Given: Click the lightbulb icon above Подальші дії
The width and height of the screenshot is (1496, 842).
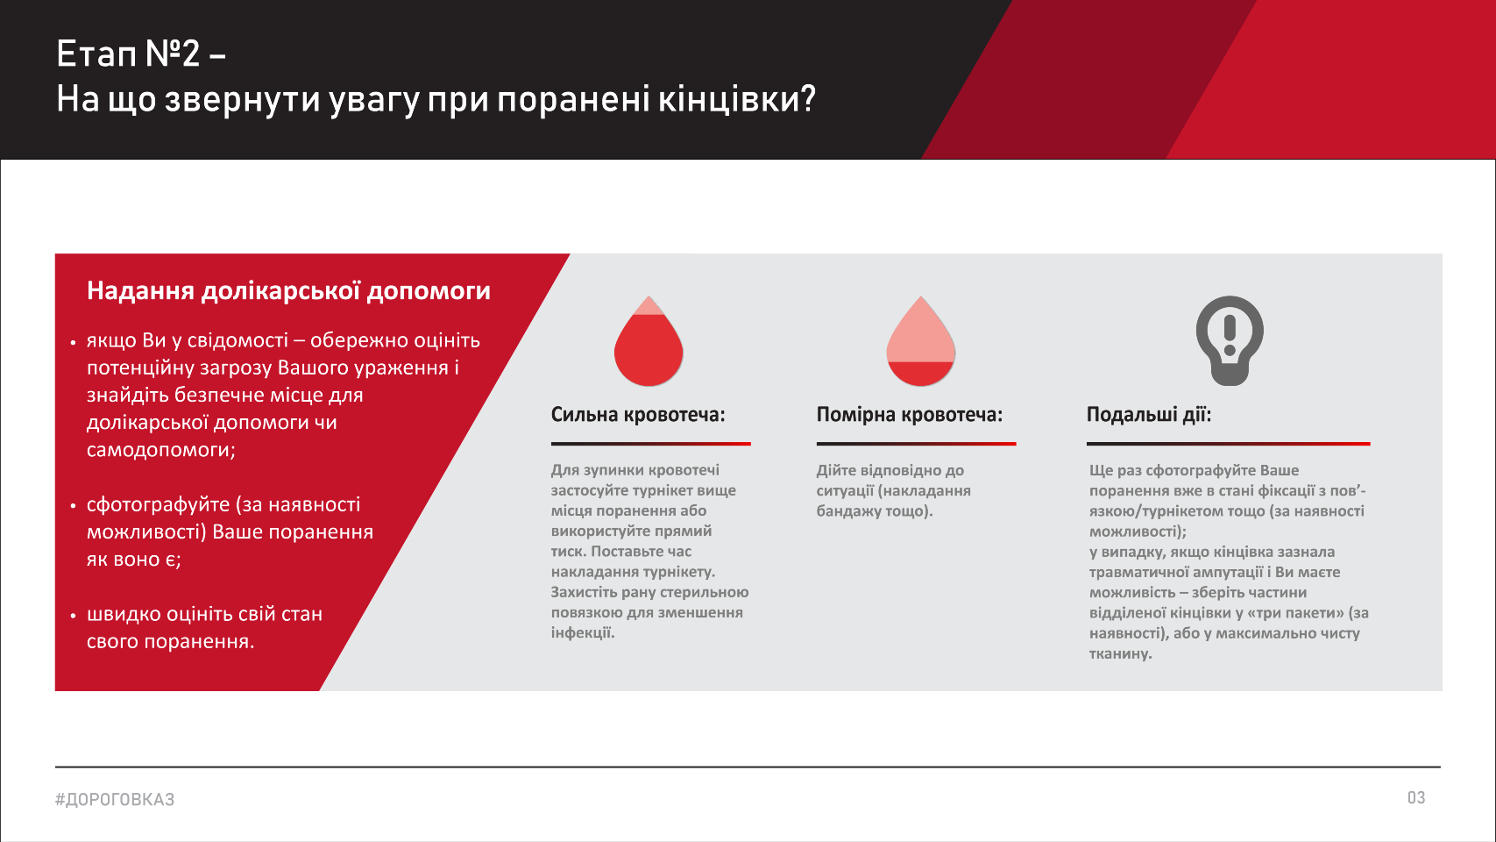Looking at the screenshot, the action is pyautogui.click(x=1230, y=340).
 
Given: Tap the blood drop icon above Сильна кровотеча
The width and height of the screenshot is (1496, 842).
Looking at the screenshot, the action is pyautogui.click(x=649, y=341).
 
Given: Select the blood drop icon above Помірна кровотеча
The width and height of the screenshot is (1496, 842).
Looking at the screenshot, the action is pyautogui.click(x=920, y=341).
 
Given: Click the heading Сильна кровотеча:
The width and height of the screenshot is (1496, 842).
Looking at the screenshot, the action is pyautogui.click(x=638, y=415).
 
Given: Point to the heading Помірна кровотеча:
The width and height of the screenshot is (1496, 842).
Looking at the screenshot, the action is pyautogui.click(x=910, y=415).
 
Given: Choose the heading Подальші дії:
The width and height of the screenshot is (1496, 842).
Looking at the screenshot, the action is pyautogui.click(x=1149, y=415).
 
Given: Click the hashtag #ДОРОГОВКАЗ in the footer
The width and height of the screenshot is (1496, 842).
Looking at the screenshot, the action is pyautogui.click(x=115, y=799).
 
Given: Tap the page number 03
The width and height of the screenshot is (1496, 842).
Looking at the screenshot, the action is pyautogui.click(x=1416, y=798).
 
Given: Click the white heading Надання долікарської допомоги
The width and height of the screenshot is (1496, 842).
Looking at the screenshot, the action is pyautogui.click(x=288, y=291).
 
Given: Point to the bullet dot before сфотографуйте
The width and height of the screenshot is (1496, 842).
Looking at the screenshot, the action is pyautogui.click(x=74, y=506).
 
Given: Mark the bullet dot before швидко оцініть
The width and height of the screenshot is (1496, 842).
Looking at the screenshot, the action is pyautogui.click(x=74, y=616).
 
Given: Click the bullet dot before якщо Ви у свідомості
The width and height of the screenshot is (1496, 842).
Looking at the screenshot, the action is pyautogui.click(x=74, y=342).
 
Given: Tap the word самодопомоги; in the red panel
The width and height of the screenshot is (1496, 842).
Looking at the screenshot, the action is pyautogui.click(x=161, y=450).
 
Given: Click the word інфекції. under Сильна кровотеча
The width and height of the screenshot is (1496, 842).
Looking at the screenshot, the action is pyautogui.click(x=583, y=633).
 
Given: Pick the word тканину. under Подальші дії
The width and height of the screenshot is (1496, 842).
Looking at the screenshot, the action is pyautogui.click(x=1121, y=653).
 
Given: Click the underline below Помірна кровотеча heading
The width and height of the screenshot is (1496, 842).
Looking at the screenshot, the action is pyautogui.click(x=917, y=444).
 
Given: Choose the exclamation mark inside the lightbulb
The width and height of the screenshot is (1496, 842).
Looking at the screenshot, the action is pyautogui.click(x=1230, y=335).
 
